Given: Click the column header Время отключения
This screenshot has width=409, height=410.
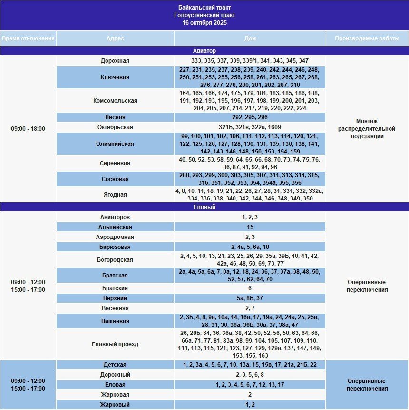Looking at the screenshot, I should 28,38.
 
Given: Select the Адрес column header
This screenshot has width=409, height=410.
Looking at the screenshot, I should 115,38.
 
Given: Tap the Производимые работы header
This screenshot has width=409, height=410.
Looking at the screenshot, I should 367,38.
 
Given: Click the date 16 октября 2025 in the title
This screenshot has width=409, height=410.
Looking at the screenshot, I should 204,23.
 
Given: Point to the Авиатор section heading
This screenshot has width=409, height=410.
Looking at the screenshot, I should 204,50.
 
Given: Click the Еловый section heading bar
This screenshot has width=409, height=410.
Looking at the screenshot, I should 204,207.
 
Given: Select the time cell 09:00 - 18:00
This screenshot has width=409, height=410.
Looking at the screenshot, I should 28,129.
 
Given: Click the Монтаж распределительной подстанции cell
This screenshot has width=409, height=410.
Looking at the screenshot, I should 367,129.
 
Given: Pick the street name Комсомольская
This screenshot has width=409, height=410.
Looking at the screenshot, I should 115,101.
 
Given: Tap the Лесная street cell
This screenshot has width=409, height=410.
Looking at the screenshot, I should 115,117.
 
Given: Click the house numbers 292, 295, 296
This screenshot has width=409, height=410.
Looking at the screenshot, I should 250,117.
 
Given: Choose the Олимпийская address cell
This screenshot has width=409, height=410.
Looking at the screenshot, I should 115,144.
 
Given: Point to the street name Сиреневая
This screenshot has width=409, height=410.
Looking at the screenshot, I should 115,163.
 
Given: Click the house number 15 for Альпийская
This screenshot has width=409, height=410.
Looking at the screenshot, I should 250,227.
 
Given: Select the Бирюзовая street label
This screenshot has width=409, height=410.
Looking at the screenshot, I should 115,247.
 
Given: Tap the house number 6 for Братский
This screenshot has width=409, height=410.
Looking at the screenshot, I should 250,288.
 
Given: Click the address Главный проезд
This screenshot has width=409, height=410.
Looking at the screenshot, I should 115,344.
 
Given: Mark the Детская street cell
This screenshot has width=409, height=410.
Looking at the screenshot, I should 115,365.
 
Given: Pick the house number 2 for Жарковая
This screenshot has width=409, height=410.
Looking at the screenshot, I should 250,395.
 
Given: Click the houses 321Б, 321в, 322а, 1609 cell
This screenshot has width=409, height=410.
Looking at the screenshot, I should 250,127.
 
